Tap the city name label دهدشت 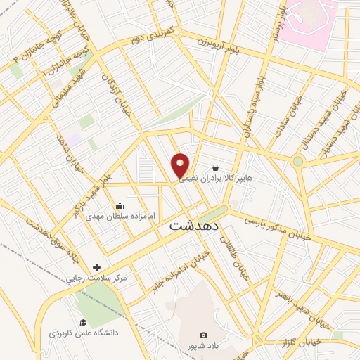(x=195, y=228)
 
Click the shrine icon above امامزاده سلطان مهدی (x=120, y=206)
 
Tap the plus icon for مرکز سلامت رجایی (x=97, y=267)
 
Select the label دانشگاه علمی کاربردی (x=82, y=332)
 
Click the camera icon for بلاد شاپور (x=203, y=335)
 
